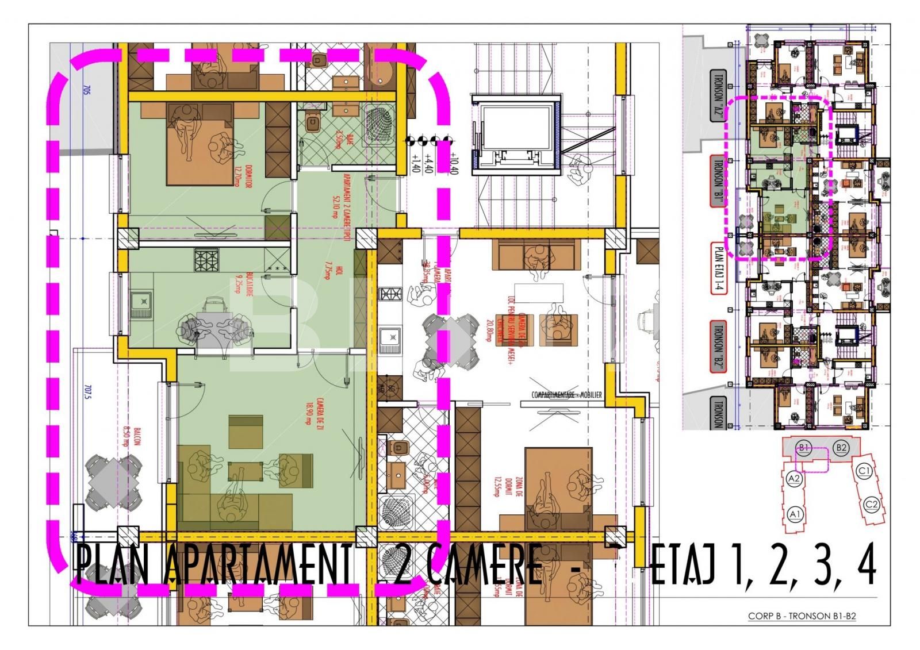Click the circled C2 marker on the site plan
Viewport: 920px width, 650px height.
(872, 505)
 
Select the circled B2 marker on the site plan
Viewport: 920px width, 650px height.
(841, 447)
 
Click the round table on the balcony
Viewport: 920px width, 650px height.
(115, 483)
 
